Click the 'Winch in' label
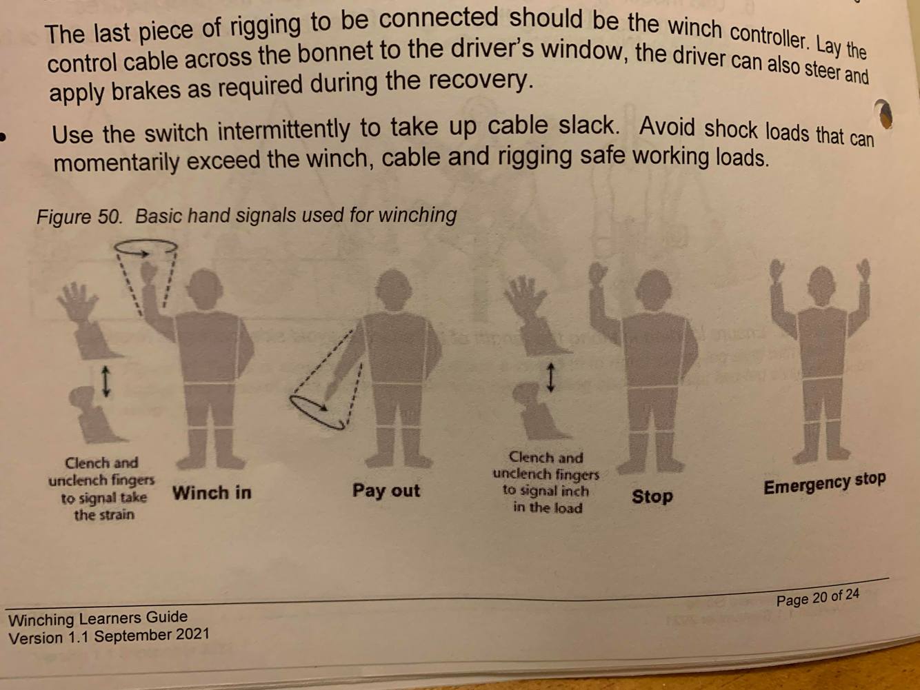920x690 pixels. point(212,493)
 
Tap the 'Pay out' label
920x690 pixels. point(386,491)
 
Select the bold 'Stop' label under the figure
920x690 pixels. point(652,497)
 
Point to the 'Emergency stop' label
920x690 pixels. point(824,483)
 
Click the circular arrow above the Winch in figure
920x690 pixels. point(146,247)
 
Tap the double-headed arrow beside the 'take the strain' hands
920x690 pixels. point(106,381)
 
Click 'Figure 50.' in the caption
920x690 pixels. point(79,217)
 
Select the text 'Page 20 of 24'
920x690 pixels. point(817,596)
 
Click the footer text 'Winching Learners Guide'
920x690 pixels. point(98,618)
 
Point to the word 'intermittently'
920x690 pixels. point(283,130)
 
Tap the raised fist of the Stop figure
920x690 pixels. point(597,272)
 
